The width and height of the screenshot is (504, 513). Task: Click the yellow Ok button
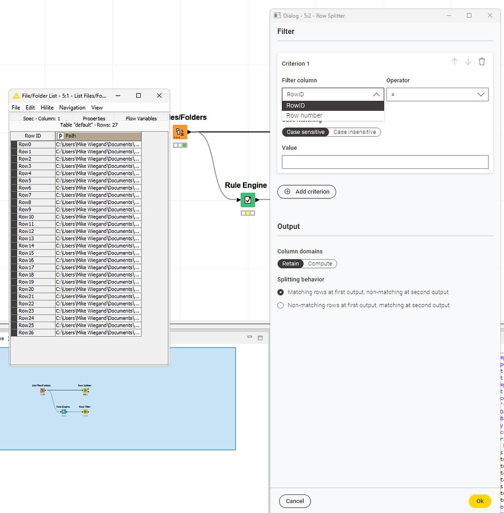tap(479, 501)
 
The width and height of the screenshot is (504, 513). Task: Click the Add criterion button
tap(307, 191)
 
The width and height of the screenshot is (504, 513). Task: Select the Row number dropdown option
tap(304, 116)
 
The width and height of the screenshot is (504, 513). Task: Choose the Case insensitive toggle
tap(355, 132)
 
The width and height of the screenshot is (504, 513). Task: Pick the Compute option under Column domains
tap(320, 264)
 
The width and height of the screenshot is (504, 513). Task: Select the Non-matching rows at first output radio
tap(281, 305)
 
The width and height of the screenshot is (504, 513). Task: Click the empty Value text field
tap(385, 162)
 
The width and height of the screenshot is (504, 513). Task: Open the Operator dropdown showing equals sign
tap(437, 95)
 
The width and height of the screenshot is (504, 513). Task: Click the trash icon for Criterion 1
tap(481, 62)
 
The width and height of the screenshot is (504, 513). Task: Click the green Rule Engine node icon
tap(247, 200)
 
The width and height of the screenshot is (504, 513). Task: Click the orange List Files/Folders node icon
tap(180, 132)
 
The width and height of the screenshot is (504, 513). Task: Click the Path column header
tap(98, 136)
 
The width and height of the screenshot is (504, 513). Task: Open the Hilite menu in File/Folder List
tap(47, 108)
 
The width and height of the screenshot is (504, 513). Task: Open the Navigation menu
tap(72, 108)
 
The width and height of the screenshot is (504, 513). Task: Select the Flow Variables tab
tap(141, 119)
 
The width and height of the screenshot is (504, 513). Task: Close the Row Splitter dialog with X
tap(489, 16)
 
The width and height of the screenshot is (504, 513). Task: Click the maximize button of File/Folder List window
tap(138, 95)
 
